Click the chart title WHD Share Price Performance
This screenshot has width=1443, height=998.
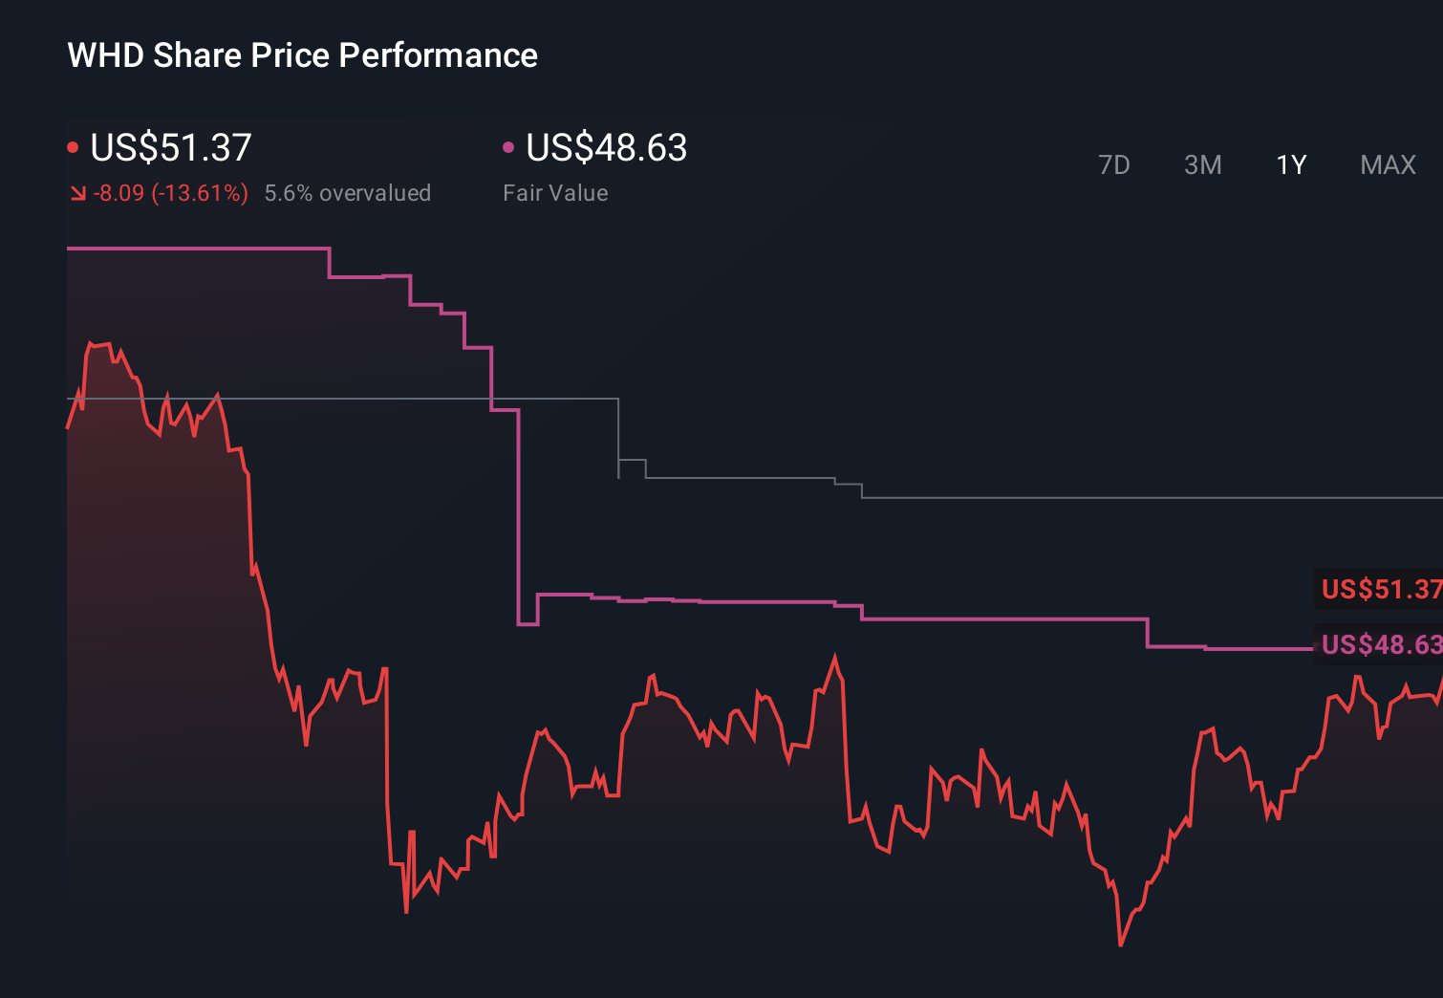pyautogui.click(x=302, y=55)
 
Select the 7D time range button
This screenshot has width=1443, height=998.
pyautogui.click(x=1113, y=165)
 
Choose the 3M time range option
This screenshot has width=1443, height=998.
pyautogui.click(x=1202, y=165)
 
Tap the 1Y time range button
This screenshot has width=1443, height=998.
pyautogui.click(x=1291, y=165)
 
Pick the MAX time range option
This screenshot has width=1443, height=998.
pyautogui.click(x=1388, y=165)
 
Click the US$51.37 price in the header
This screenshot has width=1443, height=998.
pyautogui.click(x=171, y=148)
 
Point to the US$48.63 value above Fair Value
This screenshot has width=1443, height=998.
pyautogui.click(x=606, y=148)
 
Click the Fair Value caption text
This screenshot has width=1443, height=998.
pyautogui.click(x=555, y=193)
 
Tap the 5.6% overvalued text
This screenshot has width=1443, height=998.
pyautogui.click(x=347, y=193)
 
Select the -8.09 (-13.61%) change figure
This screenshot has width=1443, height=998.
pyautogui.click(x=170, y=193)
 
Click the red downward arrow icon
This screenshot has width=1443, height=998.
pyautogui.click(x=77, y=194)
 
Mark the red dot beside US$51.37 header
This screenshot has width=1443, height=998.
pyautogui.click(x=73, y=147)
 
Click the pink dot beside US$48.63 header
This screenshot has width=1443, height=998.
pyautogui.click(x=508, y=147)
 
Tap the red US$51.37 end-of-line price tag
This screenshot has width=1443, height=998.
pyautogui.click(x=1380, y=589)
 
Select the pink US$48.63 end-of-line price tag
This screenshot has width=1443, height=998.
pyautogui.click(x=1380, y=644)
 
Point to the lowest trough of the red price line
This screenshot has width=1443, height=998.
pyautogui.click(x=1120, y=944)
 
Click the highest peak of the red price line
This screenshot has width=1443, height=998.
pyautogui.click(x=92, y=343)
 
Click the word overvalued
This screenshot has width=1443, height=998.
pyautogui.click(x=375, y=193)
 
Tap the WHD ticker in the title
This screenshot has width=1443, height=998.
pyautogui.click(x=105, y=55)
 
